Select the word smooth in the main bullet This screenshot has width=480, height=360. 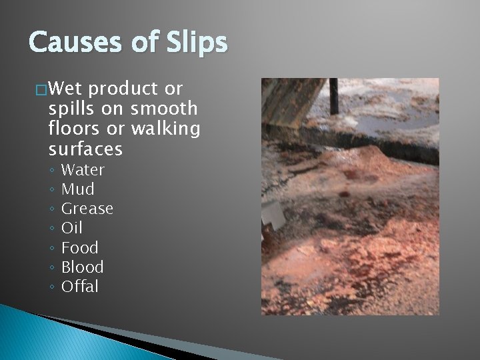[x=165, y=108]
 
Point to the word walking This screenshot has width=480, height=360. [x=166, y=127]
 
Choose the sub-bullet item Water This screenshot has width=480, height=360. [x=83, y=170]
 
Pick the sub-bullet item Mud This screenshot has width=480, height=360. [x=77, y=189]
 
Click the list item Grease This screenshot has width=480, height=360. [x=87, y=209]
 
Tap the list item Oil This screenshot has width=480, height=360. [x=71, y=228]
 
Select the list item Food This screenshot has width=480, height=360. [x=79, y=247]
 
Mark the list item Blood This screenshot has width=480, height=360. [x=82, y=267]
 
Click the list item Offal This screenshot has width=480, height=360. [x=79, y=287]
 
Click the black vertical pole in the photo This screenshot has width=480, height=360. [x=333, y=94]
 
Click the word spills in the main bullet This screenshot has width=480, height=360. [x=72, y=108]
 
